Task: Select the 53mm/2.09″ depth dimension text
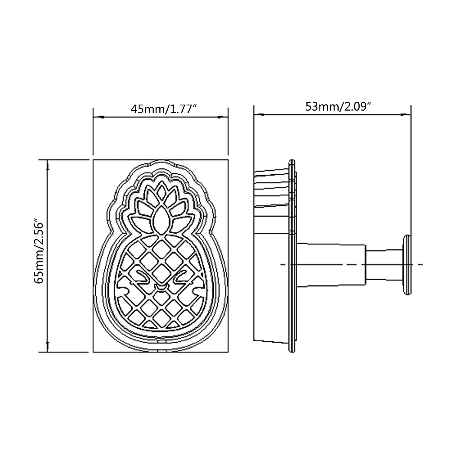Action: point(338,106)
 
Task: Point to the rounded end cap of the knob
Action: point(407,264)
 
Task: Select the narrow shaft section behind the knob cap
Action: point(384,264)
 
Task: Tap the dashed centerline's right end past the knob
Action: point(422,264)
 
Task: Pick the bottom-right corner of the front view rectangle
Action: point(228,352)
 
